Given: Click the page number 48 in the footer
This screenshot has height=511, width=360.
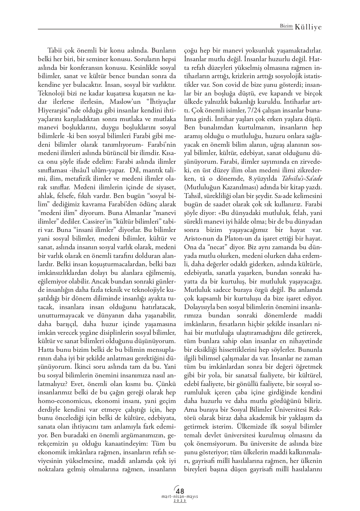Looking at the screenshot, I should point(180,490).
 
